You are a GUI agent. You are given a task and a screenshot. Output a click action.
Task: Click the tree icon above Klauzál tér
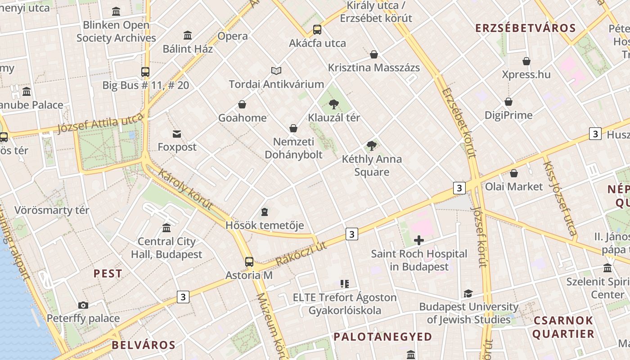click(x=333, y=104)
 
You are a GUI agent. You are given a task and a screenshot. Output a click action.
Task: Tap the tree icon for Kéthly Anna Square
click(x=371, y=145)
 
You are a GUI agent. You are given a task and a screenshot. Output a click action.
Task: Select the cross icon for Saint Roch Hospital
click(x=419, y=240)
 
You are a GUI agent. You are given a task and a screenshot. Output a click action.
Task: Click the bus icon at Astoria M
click(x=249, y=261)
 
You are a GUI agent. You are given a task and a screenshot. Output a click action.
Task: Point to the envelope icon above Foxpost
click(x=177, y=134)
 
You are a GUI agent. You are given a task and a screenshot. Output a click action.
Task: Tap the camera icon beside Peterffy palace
click(x=83, y=306)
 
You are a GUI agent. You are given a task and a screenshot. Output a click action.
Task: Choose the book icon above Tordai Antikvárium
click(x=276, y=71)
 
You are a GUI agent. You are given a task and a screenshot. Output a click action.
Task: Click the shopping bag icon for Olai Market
click(x=514, y=173)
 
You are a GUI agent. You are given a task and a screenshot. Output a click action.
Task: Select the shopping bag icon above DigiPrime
click(x=508, y=102)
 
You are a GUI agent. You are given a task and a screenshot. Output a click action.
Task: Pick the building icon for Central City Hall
click(x=166, y=228)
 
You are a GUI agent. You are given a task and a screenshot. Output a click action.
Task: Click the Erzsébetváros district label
click(x=526, y=28)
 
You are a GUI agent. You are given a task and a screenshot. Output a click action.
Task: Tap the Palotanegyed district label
click(x=382, y=337)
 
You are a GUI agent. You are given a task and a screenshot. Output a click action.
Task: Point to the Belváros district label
click(x=144, y=345)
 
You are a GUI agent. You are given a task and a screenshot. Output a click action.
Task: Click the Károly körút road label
click(x=185, y=189)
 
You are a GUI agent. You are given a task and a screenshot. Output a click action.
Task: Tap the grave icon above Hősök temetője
click(x=265, y=211)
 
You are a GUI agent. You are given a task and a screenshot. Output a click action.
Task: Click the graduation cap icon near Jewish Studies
click(x=468, y=293)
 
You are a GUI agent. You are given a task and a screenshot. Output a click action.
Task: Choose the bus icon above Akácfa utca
click(x=317, y=30)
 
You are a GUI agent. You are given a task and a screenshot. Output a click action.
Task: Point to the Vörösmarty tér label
click(x=52, y=210)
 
